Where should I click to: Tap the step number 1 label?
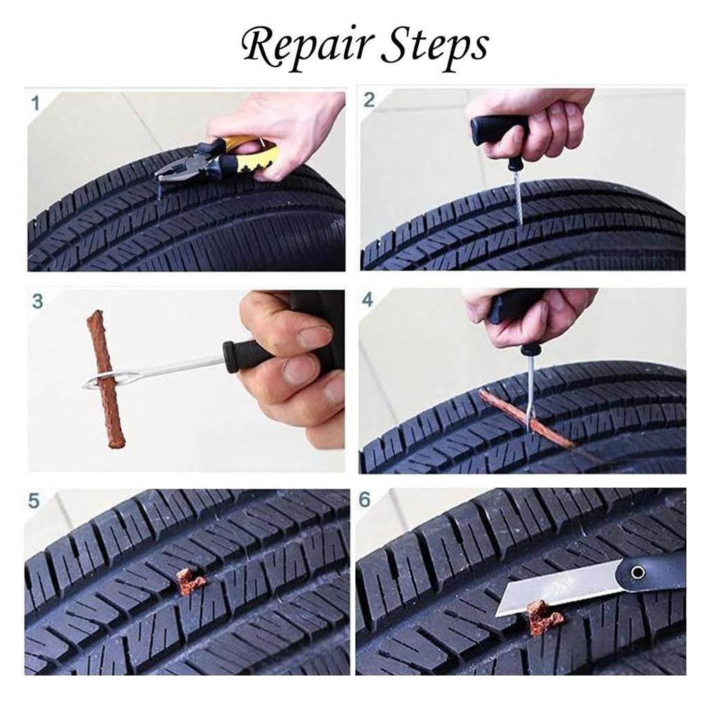click(35, 104)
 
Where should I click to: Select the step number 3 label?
click(37, 301)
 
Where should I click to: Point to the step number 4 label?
click(368, 300)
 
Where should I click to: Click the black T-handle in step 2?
click(495, 129)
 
